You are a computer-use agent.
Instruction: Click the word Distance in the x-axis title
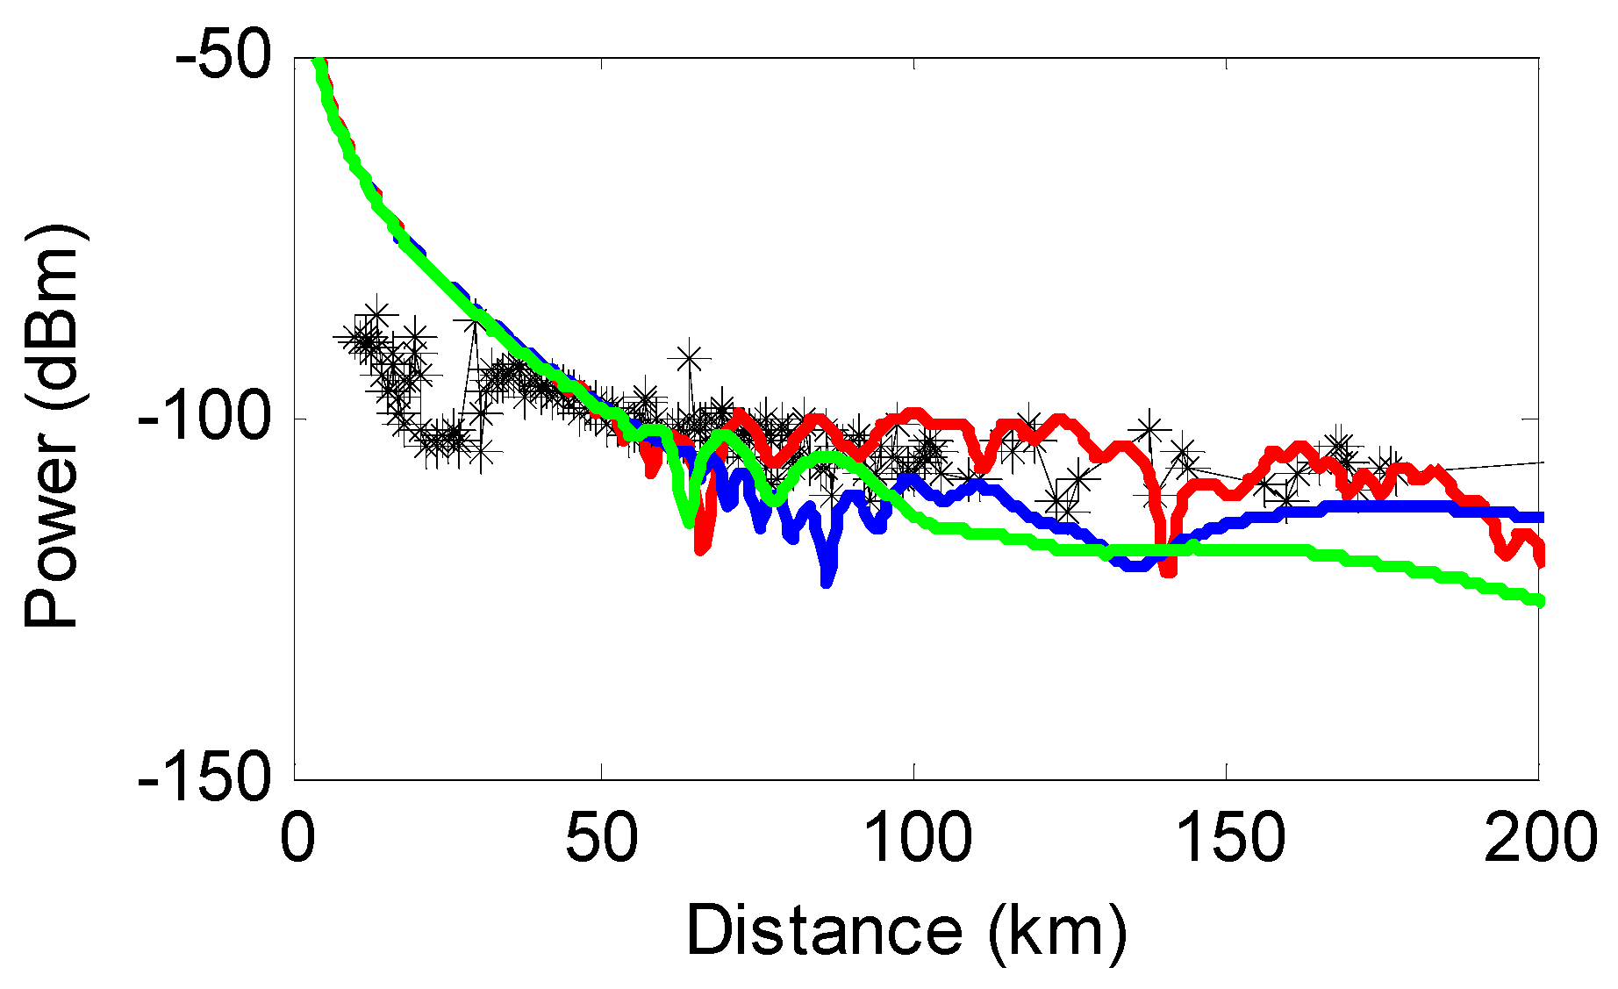point(824,931)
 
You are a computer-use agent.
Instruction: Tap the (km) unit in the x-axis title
point(1056,931)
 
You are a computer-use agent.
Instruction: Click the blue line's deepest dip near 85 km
point(827,579)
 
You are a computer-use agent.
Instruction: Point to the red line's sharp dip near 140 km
point(1167,570)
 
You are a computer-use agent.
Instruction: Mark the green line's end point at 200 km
point(1538,601)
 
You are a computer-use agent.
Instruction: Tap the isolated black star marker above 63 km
point(690,357)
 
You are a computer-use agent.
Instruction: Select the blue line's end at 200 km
point(1538,517)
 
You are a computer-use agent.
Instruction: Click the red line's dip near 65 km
point(701,548)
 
